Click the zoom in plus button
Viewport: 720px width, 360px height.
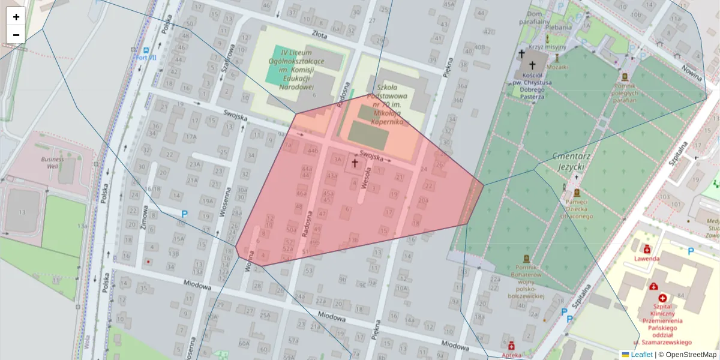(16, 17)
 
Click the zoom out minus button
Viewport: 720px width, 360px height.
(16, 35)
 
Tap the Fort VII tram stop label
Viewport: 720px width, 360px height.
(146, 58)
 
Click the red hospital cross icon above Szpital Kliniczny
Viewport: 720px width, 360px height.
(662, 298)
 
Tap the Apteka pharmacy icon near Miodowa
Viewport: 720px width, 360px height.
(511, 346)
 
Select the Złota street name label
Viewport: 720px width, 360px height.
(319, 34)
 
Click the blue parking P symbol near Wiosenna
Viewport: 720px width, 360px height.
(184, 214)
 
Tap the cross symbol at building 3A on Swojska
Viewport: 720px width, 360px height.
(355, 163)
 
